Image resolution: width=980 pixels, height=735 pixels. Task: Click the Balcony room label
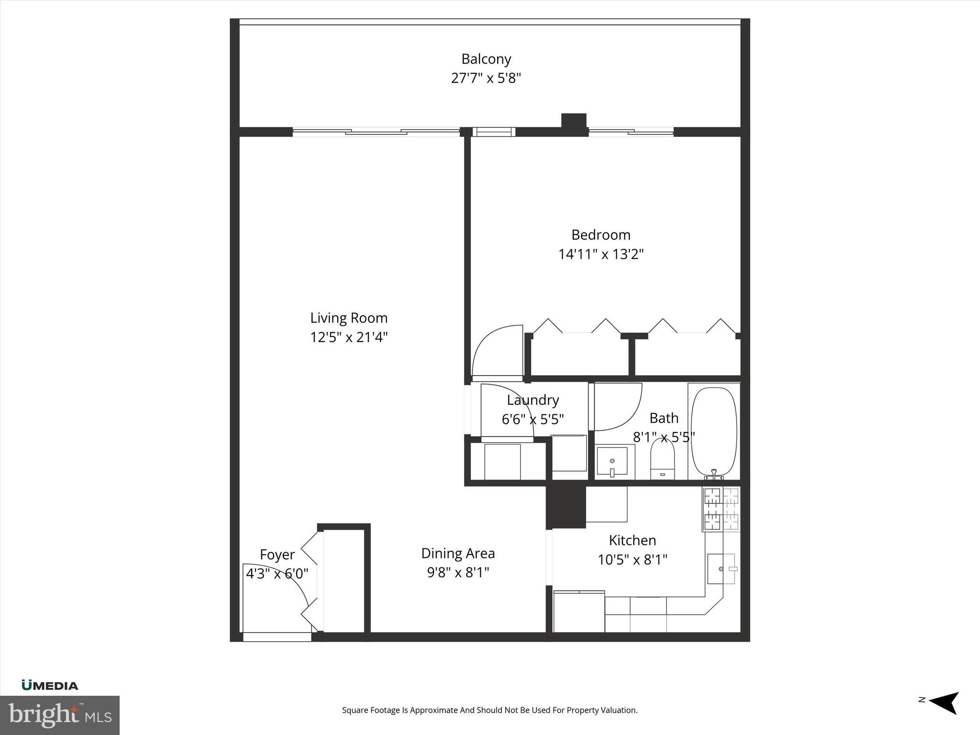[x=486, y=59]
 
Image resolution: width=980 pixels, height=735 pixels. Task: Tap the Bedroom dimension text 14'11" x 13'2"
[x=601, y=254]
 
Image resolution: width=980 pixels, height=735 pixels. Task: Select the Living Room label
[x=348, y=318]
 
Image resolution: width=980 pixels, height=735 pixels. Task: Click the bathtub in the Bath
[x=714, y=431]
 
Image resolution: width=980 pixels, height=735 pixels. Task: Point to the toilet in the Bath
[x=662, y=459]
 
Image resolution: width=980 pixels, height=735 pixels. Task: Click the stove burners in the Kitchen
[x=721, y=509]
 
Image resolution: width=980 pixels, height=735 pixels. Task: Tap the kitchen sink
[x=721, y=569]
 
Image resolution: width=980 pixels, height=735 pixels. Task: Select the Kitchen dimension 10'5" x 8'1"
[x=632, y=559]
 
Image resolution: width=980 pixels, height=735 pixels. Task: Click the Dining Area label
[x=457, y=554]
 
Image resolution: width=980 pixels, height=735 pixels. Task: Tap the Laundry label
[x=533, y=400]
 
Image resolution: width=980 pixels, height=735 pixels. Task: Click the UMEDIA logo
[x=50, y=686]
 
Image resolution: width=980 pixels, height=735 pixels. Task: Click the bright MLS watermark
[x=59, y=715]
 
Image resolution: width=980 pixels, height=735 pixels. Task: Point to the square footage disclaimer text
[x=490, y=710]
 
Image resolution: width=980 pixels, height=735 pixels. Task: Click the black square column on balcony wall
[x=573, y=121]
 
